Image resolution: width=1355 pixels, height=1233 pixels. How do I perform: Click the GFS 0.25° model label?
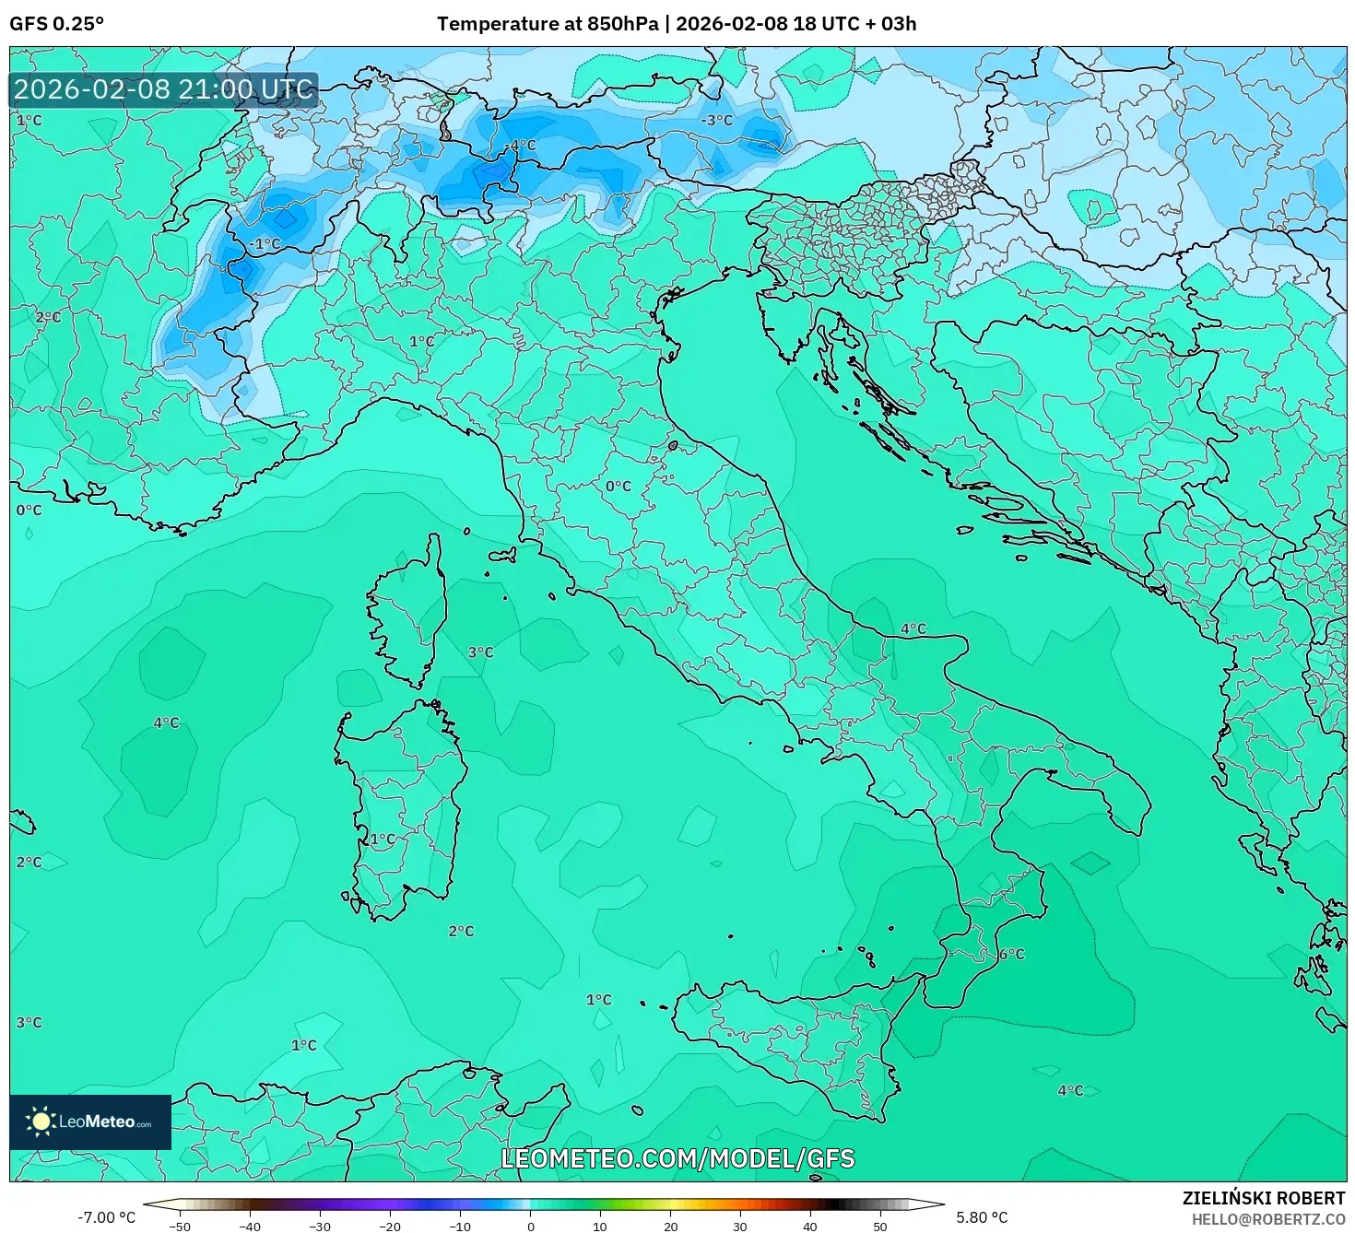56,24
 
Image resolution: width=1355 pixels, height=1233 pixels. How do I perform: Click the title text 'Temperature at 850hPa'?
548,24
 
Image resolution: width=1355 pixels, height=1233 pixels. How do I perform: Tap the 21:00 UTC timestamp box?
163,89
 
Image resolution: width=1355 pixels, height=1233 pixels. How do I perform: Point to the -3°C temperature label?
716,121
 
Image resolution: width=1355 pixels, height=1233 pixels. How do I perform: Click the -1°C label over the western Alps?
265,244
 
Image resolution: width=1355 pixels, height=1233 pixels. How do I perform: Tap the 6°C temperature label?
1011,954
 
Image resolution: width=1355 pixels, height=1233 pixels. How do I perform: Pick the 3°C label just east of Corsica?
480,652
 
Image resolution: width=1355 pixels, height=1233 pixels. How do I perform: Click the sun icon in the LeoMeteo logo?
41,1121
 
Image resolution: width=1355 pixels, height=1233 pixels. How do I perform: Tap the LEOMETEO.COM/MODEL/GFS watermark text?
677,1158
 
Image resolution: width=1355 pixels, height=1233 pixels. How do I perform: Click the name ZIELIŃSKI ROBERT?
1263,1198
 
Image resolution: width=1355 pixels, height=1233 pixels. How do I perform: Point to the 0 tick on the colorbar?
530,1226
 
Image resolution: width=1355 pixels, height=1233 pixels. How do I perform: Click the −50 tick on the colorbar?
180,1226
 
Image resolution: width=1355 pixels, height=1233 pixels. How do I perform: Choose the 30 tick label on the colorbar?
740,1226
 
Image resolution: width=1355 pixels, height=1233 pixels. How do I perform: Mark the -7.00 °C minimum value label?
106,1217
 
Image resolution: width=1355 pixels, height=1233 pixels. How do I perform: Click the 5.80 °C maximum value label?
982,1217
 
